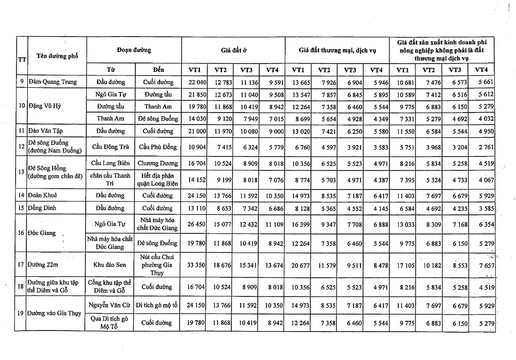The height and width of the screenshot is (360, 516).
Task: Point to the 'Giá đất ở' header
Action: click(x=232, y=50)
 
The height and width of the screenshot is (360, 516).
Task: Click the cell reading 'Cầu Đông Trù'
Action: click(x=111, y=147)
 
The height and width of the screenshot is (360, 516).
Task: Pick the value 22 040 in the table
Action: click(x=196, y=82)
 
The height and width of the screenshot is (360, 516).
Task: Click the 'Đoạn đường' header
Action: click(x=133, y=50)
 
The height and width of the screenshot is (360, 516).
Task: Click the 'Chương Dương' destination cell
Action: click(x=158, y=164)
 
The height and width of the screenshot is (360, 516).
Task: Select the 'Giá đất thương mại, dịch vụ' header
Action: click(x=336, y=50)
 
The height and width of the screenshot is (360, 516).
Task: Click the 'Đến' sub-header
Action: click(x=158, y=69)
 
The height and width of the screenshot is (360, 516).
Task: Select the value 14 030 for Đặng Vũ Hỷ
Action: click(x=196, y=119)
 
